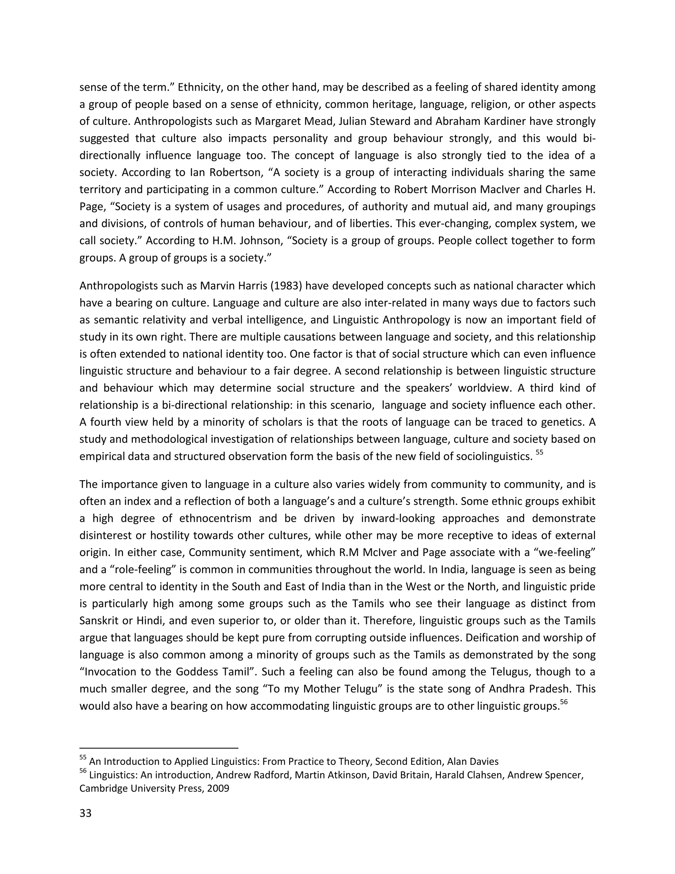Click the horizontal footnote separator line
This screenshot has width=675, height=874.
(159, 748)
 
